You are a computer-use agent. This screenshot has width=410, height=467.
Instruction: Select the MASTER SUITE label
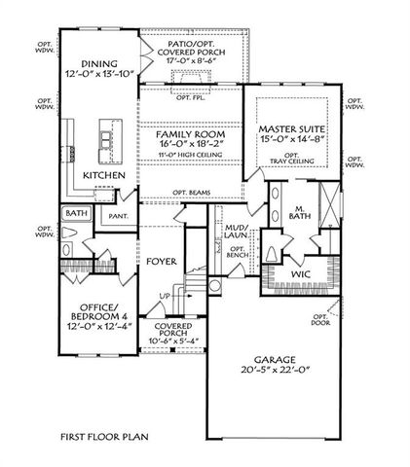(x=290, y=128)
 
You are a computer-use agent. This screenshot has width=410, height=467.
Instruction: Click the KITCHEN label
(x=103, y=174)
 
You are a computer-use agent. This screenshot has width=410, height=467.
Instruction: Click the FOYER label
(x=161, y=261)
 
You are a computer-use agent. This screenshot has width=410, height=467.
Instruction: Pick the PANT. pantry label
(x=120, y=216)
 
